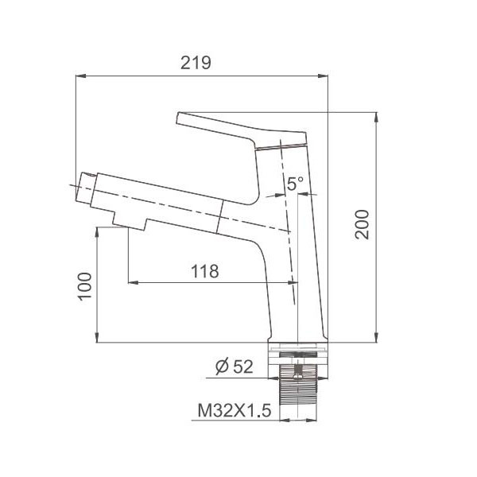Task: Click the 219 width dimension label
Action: [196, 63]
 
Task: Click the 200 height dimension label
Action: [363, 224]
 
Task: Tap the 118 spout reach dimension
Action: [205, 271]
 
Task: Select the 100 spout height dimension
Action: [85, 286]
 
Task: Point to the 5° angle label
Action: [295, 184]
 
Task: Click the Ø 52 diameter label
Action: [235, 366]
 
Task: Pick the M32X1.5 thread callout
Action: [235, 410]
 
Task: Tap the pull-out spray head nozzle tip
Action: [86, 188]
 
